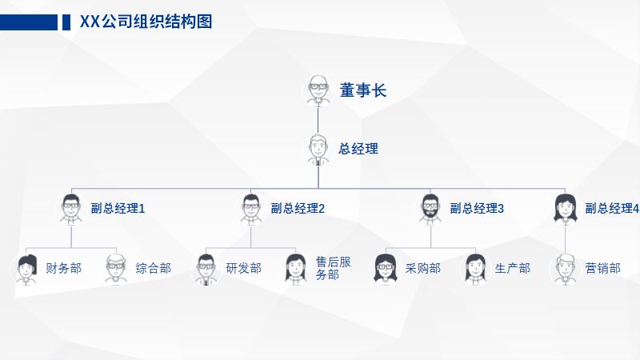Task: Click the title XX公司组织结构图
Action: click(x=146, y=22)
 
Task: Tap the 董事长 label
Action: click(x=362, y=90)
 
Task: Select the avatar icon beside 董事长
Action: click(x=318, y=90)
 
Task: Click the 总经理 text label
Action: click(x=358, y=149)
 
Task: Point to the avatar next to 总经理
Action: click(x=318, y=149)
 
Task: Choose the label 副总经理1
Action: click(x=118, y=209)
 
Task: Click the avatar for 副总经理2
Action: click(x=251, y=208)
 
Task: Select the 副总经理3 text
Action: click(x=477, y=209)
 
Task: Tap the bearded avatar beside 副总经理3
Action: click(x=430, y=208)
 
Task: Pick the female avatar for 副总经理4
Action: click(x=566, y=208)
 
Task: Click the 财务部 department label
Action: click(x=64, y=269)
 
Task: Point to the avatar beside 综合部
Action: click(x=117, y=269)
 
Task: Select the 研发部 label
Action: click(x=243, y=269)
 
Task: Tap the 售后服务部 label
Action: click(x=333, y=269)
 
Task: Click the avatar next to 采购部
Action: click(x=386, y=269)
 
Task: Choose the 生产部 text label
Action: click(x=512, y=269)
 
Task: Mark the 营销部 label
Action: click(x=602, y=269)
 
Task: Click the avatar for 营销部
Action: click(x=566, y=269)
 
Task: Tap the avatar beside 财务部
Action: click(x=27, y=269)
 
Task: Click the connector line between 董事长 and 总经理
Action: click(x=318, y=119)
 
